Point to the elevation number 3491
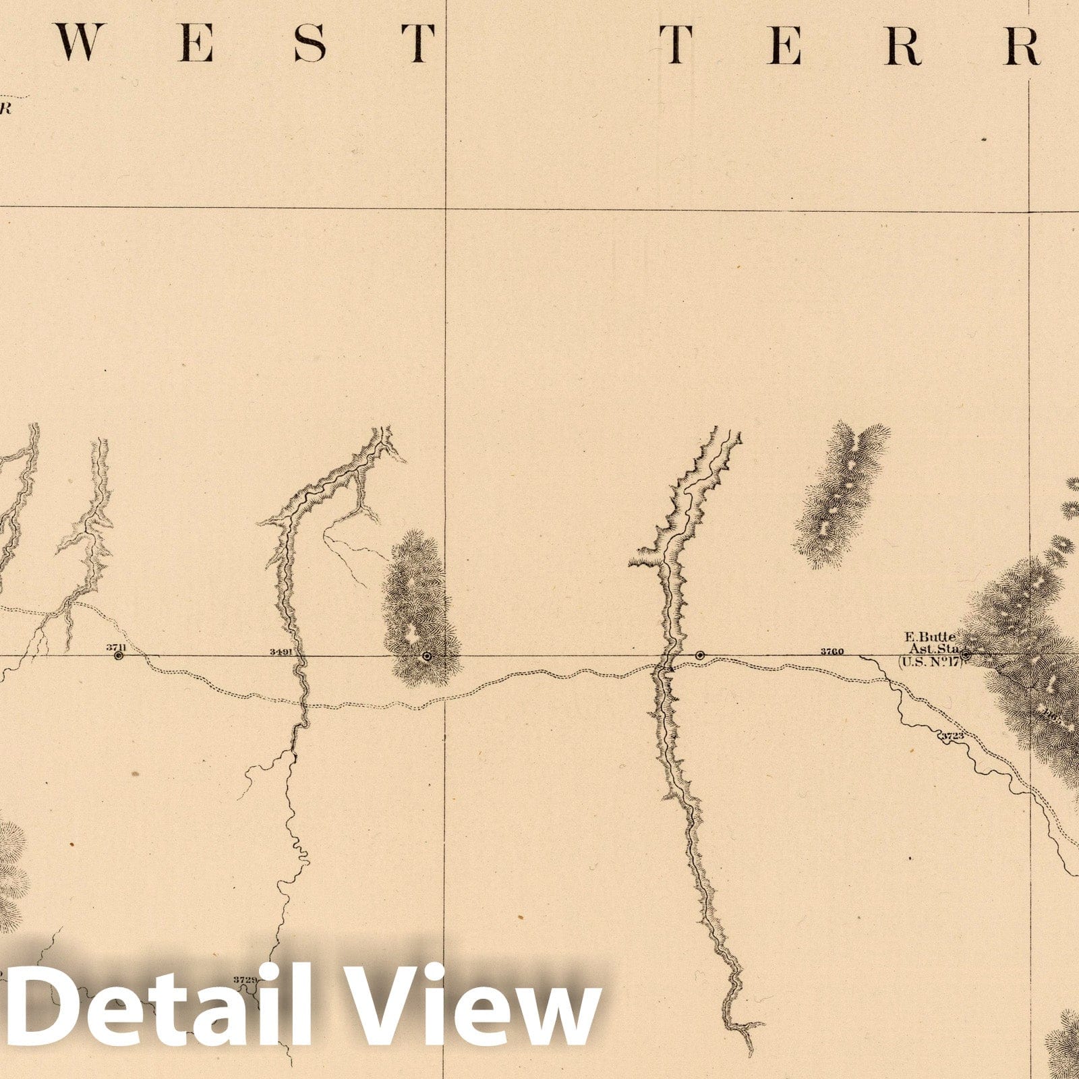coord(280,651)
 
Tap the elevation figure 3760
coord(832,651)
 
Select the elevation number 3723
coord(952,736)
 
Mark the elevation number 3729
coord(244,979)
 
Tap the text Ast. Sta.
coord(932,649)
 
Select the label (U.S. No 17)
coord(929,661)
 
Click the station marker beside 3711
coord(119,655)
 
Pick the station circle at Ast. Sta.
coord(965,654)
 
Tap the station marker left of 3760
coord(700,655)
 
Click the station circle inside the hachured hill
coord(426,655)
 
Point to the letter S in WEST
coord(310,44)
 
